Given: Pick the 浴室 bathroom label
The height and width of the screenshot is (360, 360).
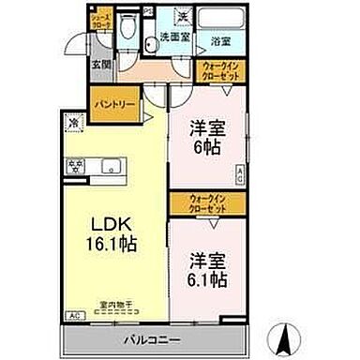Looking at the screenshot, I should pos(221,41).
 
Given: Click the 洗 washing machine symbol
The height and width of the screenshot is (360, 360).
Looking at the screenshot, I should pos(184,18).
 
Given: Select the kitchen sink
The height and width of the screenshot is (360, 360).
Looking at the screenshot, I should pos(113,168).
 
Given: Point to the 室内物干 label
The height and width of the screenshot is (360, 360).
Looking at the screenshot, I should pos(114,302).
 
